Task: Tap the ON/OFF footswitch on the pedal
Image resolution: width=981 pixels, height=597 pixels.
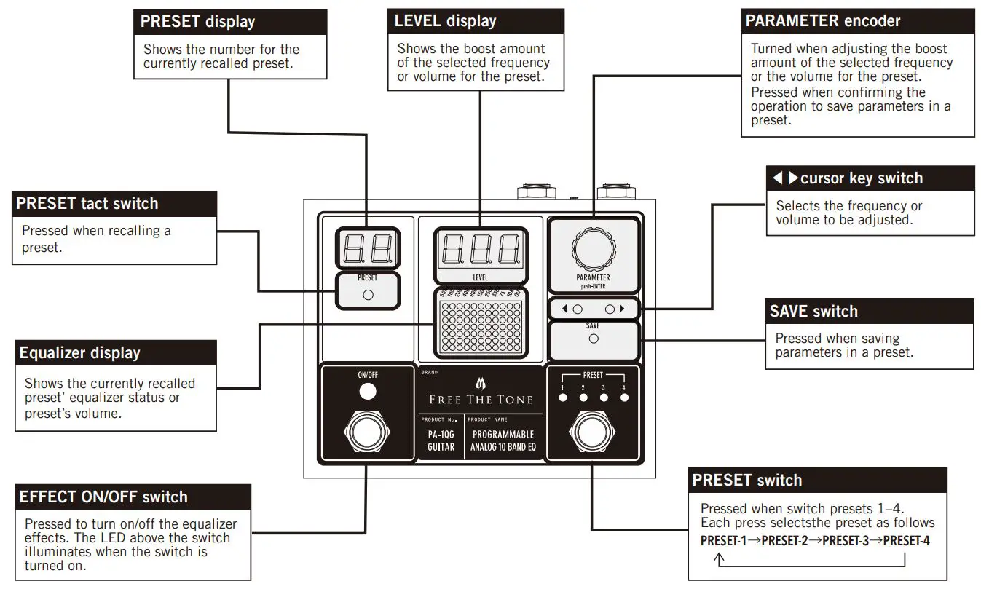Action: coord(368,432)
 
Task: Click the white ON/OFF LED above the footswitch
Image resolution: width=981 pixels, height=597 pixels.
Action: coord(368,392)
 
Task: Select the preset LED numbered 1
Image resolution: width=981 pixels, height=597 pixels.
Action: coord(562,398)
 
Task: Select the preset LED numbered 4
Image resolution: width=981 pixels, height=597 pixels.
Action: coord(624,398)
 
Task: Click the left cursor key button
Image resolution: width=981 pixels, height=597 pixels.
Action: coord(578,309)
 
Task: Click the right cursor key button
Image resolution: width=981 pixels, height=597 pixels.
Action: coord(610,309)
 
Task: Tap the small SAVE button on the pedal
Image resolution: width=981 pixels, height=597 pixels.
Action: coord(593,339)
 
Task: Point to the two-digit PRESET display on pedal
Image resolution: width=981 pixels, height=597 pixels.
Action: coord(367,248)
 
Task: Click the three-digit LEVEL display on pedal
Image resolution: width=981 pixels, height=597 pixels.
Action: coord(480,251)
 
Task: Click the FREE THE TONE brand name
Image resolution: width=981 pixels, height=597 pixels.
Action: coord(480,399)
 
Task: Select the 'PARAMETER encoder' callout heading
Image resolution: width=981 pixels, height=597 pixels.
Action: coord(822,21)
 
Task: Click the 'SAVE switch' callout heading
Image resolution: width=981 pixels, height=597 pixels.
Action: coord(813,311)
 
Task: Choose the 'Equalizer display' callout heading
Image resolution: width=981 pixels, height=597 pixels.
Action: coord(79,353)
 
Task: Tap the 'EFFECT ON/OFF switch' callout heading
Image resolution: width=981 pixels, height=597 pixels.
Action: coord(103,497)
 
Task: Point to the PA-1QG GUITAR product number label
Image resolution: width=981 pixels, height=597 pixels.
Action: coord(441,441)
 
